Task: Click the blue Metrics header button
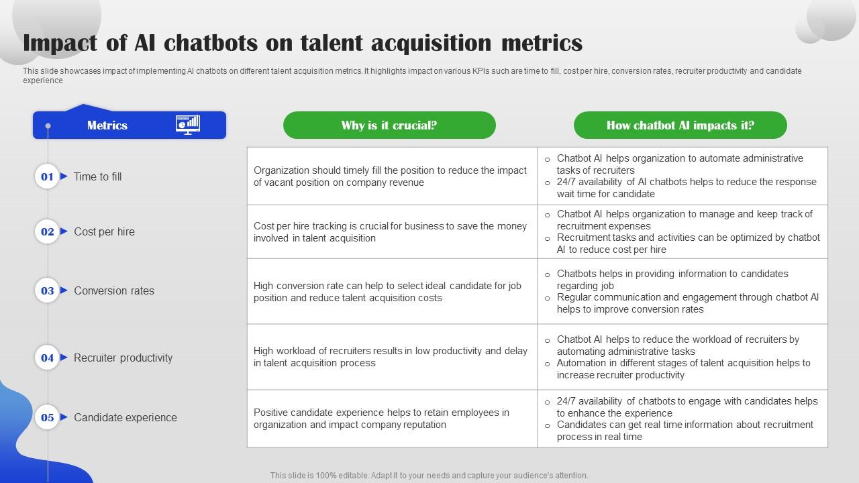point(107,125)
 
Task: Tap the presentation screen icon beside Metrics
point(188,125)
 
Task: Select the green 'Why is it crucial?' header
point(389,125)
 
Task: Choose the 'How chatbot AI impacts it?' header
point(680,125)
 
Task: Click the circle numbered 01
point(47,176)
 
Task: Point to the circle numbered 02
point(47,231)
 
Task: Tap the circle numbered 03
point(47,290)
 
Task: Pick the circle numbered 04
point(47,358)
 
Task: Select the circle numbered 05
point(47,417)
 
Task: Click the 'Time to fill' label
point(98,176)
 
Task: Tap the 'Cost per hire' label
point(104,231)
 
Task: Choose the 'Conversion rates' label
point(114,290)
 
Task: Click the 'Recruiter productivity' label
point(123,358)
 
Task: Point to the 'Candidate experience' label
point(125,417)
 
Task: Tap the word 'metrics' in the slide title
point(542,43)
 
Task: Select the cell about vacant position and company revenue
point(392,176)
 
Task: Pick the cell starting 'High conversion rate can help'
point(392,292)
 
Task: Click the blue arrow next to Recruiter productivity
point(64,358)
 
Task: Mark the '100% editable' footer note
point(429,476)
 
